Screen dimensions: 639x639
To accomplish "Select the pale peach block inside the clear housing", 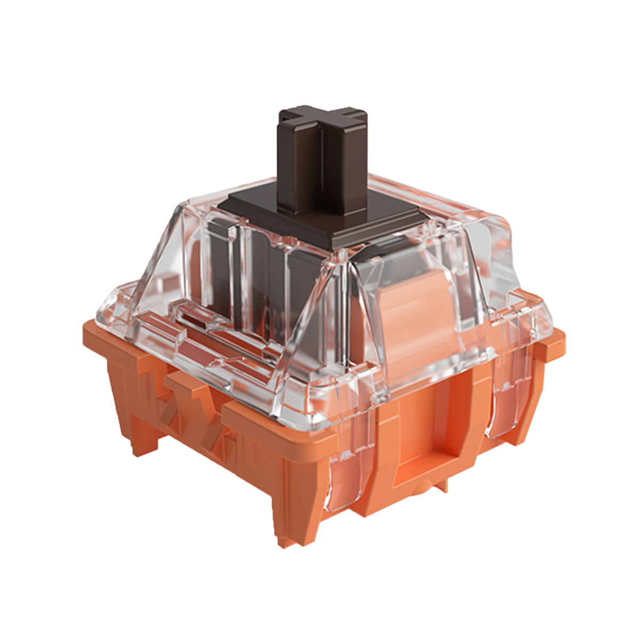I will tap(405, 319).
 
